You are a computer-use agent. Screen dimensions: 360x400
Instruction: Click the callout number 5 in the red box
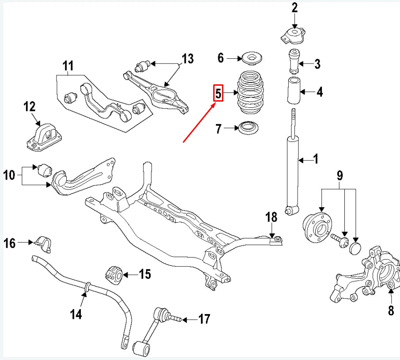(x=218, y=93)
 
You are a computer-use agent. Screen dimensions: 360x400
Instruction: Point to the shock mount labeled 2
(x=293, y=35)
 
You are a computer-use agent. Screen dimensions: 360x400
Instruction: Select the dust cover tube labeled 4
(x=294, y=91)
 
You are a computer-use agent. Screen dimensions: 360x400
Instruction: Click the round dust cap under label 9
(x=355, y=247)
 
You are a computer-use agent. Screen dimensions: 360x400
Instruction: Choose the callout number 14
(x=76, y=314)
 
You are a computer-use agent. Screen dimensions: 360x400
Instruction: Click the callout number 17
(x=204, y=318)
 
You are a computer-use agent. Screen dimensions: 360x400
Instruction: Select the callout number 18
(x=271, y=217)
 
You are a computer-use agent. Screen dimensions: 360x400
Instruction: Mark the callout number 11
(x=67, y=66)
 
